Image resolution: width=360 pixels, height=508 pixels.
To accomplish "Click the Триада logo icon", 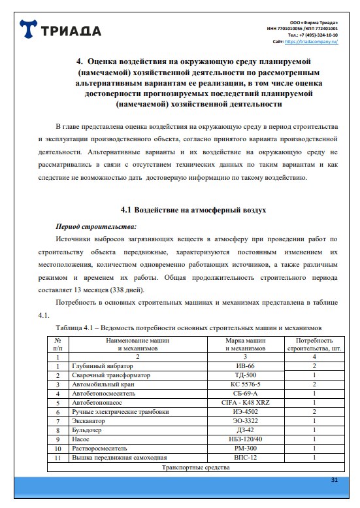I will (x=29, y=31).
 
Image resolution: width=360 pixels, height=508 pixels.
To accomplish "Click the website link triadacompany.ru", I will (x=316, y=41).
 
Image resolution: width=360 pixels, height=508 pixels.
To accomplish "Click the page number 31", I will (x=334, y=481).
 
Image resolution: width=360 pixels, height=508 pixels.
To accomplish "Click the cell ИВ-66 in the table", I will (x=245, y=367).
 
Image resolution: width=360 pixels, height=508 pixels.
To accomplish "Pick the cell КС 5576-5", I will (x=245, y=385).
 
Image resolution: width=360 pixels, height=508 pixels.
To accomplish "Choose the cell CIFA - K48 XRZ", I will (x=245, y=403).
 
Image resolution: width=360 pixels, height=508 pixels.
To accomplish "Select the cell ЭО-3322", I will (x=245, y=421).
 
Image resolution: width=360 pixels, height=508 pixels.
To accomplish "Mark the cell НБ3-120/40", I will (x=245, y=439).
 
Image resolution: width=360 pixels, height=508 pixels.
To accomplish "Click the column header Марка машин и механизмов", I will (x=245, y=345).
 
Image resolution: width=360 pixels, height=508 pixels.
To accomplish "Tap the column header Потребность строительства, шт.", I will (x=314, y=345).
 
